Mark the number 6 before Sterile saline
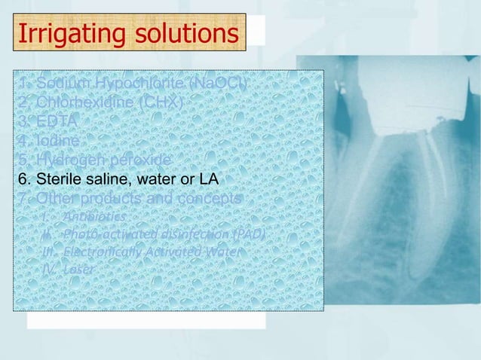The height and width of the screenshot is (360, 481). tap(23, 179)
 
